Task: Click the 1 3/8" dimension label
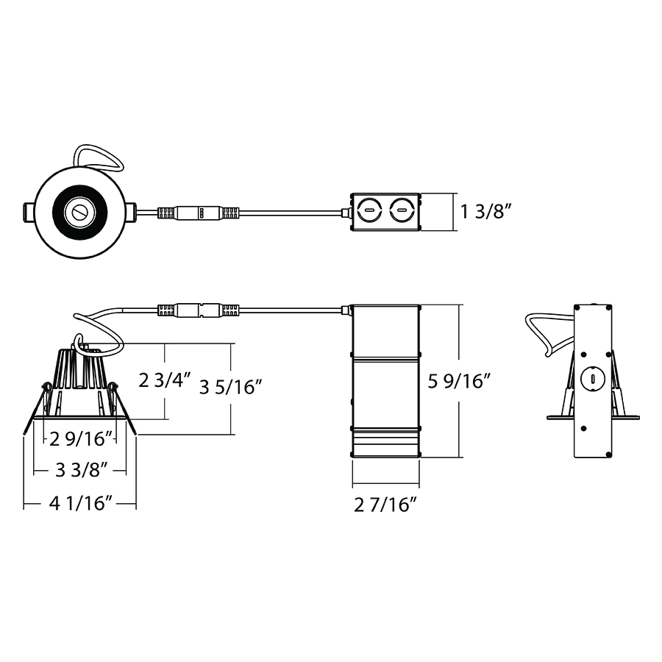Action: tap(486, 213)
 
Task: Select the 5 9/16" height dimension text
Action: tap(459, 381)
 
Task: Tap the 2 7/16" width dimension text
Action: tap(385, 505)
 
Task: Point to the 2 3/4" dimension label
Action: tap(165, 381)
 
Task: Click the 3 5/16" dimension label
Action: tap(231, 387)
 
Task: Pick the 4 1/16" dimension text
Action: tap(80, 505)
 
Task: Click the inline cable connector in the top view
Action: tap(199, 213)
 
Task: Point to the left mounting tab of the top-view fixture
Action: tap(26, 213)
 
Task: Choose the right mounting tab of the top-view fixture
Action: tap(129, 213)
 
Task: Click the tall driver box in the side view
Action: tap(385, 381)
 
